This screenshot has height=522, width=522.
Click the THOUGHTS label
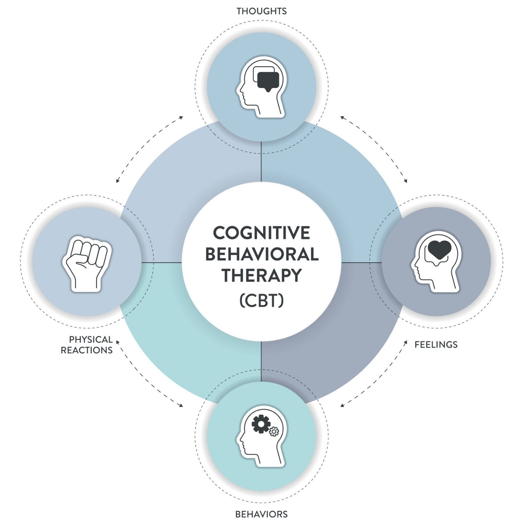tap(262, 11)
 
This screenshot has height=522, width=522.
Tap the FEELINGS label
tap(436, 345)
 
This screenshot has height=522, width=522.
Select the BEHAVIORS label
tap(261, 514)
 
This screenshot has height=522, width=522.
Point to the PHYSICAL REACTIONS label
tap(87, 345)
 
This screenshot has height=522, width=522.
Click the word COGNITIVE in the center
tap(261, 233)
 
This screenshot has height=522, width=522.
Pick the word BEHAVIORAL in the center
tap(262, 254)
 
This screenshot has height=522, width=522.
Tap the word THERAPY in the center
tap(262, 275)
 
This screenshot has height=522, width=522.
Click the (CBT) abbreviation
tap(262, 300)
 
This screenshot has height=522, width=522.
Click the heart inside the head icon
tap(440, 249)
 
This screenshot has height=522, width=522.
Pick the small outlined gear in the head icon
tap(274, 432)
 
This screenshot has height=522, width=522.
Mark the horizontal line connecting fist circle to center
tap(162, 262)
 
